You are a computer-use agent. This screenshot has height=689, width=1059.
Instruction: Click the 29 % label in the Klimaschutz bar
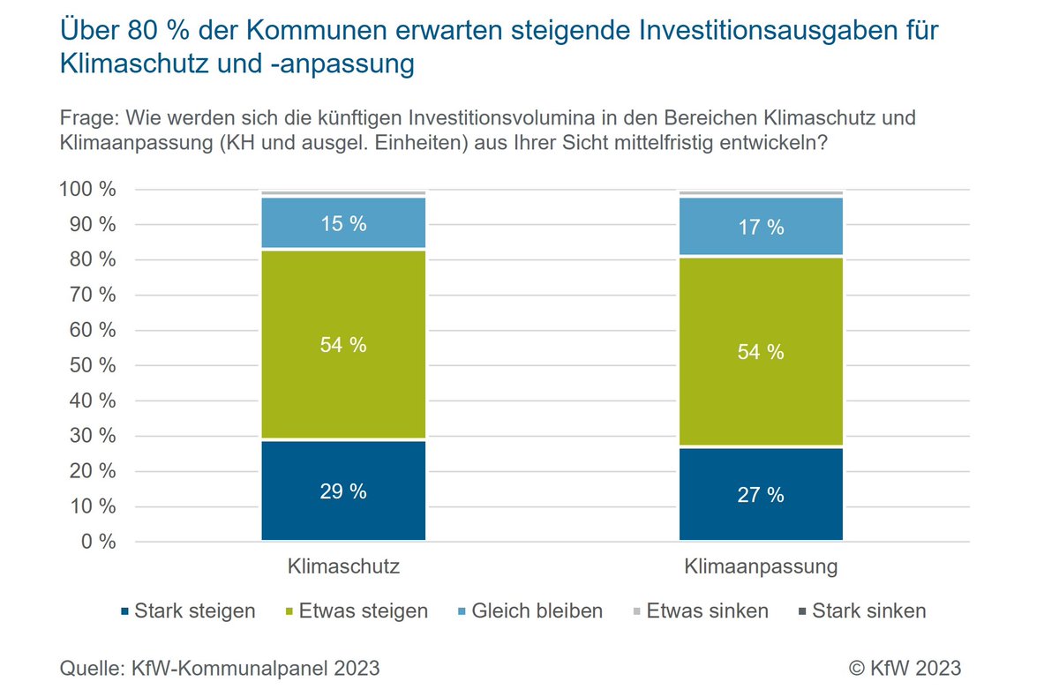pyautogui.click(x=343, y=491)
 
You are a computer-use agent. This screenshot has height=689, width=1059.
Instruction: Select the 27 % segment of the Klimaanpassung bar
pyautogui.click(x=761, y=495)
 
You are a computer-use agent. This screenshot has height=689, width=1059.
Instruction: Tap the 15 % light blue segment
pyautogui.click(x=343, y=224)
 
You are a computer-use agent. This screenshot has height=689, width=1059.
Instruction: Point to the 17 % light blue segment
pyautogui.click(x=761, y=227)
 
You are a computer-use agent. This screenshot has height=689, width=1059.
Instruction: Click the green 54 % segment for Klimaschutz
pyautogui.click(x=343, y=345)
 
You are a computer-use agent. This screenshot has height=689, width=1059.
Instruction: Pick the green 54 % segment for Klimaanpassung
pyautogui.click(x=761, y=352)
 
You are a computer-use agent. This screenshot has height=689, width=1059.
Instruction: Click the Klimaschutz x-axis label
pyautogui.click(x=343, y=566)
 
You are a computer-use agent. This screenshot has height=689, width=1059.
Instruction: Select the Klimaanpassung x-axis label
pyautogui.click(x=761, y=566)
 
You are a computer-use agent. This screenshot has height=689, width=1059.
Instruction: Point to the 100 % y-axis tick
pyautogui.click(x=87, y=190)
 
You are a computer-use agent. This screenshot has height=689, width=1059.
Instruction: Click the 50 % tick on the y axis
pyautogui.click(x=92, y=365)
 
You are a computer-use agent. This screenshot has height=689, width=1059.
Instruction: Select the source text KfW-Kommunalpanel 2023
pyautogui.click(x=254, y=668)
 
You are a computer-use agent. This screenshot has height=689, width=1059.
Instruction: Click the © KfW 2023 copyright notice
pyautogui.click(x=905, y=668)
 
